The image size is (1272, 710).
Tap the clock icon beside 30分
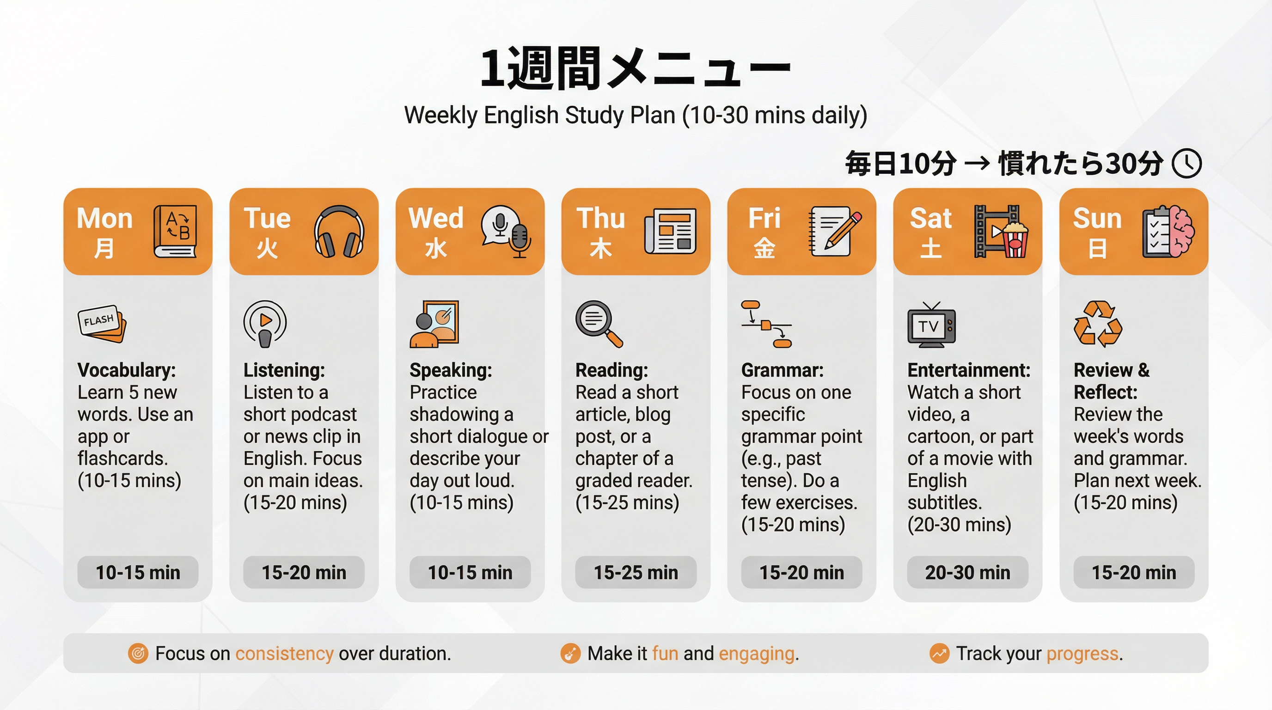[1186, 164]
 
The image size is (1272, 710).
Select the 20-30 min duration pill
[967, 572]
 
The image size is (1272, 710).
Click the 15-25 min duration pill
[636, 572]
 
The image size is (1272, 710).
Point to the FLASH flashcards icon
[102, 324]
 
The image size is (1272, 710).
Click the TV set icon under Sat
[931, 325]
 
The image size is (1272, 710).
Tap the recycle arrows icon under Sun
[1098, 324]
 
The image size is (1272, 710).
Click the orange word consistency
[284, 653]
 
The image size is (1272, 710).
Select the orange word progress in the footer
[1082, 654]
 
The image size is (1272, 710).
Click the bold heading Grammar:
[782, 370]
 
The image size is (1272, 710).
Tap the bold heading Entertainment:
[969, 370]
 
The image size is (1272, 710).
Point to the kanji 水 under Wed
[436, 248]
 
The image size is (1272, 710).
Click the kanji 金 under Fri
[764, 248]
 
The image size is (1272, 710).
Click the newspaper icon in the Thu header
[670, 231]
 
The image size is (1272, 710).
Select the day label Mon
[104, 218]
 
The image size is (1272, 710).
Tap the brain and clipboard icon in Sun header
[1168, 231]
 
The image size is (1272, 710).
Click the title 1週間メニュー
[636, 68]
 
